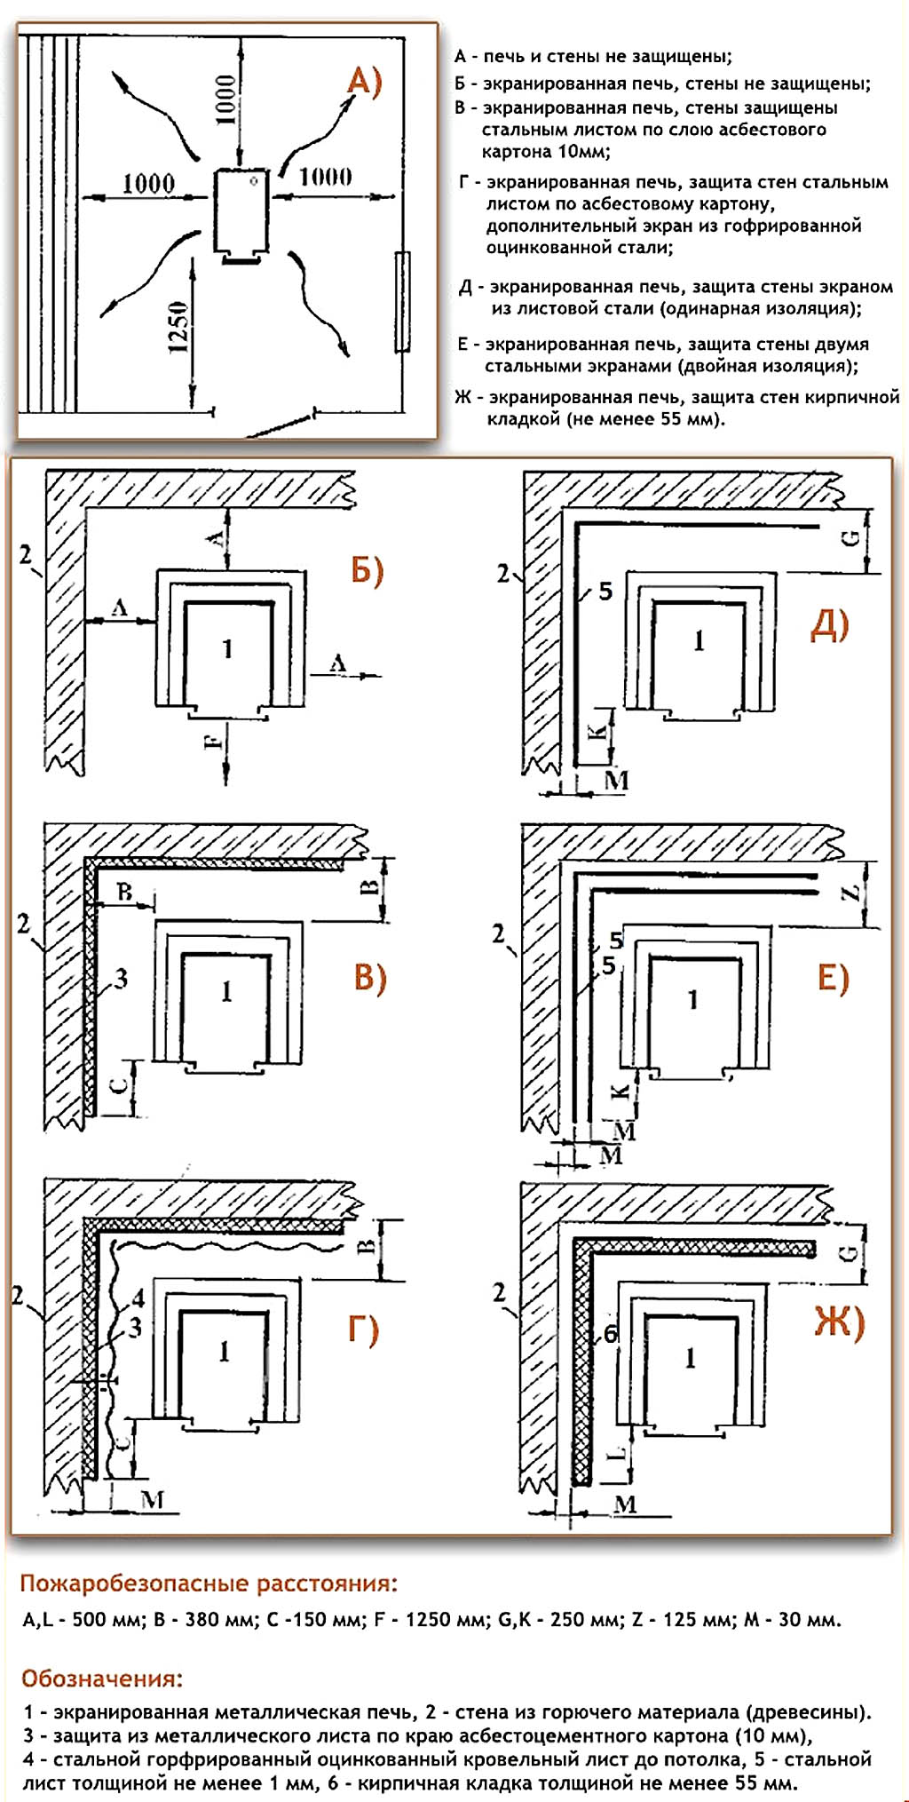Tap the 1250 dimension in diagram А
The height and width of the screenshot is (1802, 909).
click(178, 327)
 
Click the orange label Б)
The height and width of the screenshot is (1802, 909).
click(368, 570)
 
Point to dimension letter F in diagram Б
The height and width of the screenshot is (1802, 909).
click(214, 739)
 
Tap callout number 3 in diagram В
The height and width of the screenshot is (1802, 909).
click(121, 979)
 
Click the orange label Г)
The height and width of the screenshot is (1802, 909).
click(362, 1330)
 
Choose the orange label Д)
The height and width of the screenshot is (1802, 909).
click(830, 626)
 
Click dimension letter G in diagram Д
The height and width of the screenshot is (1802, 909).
click(850, 538)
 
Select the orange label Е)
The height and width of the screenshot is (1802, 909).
click(833, 978)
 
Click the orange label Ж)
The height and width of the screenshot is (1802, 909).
click(839, 1323)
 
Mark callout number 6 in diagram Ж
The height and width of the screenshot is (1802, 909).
click(610, 1335)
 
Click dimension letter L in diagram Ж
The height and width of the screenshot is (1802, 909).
click(620, 1454)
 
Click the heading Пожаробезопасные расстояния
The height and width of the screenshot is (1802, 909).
click(209, 1584)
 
